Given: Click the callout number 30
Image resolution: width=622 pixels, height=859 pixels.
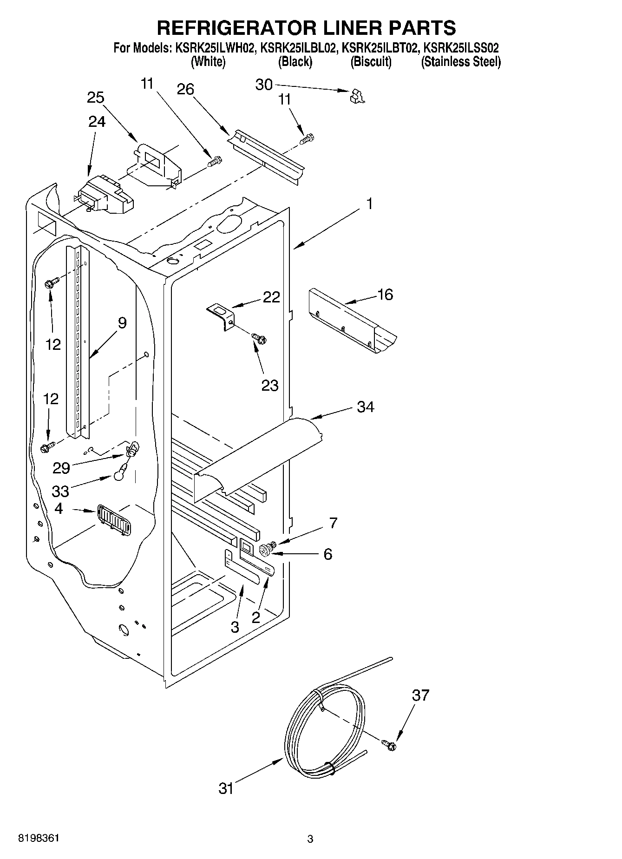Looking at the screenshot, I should pos(264,85).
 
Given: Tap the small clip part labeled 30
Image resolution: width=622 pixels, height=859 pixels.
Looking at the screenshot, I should pos(357,96).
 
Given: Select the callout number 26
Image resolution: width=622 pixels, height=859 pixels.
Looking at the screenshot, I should pos(185,89).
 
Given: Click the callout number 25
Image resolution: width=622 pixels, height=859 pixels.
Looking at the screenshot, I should pos(96,98).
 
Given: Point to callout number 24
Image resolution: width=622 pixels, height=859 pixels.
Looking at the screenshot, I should pos(97,121).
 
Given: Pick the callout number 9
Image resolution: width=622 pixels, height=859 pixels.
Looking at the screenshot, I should pos(122,322).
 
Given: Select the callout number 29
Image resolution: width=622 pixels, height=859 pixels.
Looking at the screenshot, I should pos(61,468).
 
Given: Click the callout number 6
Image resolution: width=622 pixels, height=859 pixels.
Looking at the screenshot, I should pos(328,554).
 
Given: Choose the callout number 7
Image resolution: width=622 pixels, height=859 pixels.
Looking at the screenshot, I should pos(333,523).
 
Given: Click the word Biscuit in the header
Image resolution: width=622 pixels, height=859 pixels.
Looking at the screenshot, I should pos(371,62).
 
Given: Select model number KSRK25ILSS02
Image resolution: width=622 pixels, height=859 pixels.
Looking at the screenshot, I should pos(461,48).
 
